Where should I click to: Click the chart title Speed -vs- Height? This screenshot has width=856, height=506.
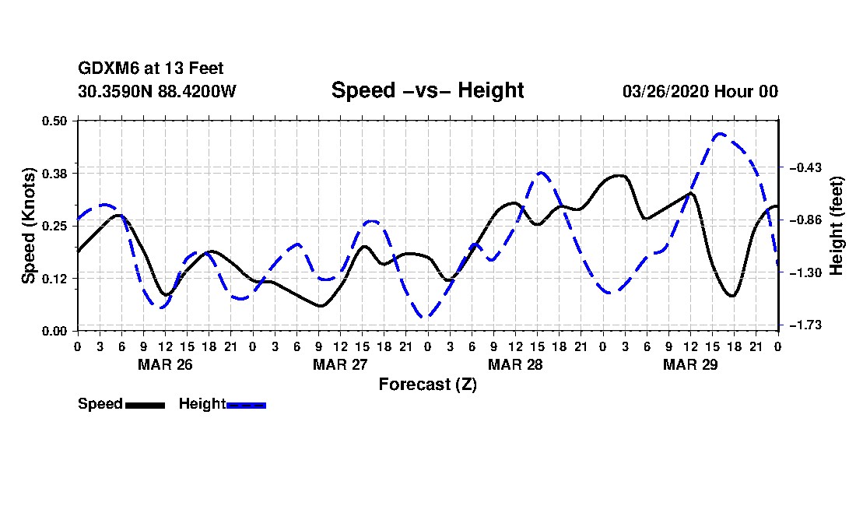427,90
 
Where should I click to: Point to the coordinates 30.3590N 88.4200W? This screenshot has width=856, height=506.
157,91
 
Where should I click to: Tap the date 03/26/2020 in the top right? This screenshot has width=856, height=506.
665,91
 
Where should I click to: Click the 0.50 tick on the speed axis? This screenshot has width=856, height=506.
54,121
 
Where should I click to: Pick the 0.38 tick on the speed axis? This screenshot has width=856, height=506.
54,174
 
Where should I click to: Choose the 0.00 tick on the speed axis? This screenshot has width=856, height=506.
54,332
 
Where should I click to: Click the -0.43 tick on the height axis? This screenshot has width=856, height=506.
805,167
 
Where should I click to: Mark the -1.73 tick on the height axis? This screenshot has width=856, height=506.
805,325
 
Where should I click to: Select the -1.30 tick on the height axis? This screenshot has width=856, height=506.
805,273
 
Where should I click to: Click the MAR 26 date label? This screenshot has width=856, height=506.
166,364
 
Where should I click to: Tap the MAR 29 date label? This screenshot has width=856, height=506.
690,364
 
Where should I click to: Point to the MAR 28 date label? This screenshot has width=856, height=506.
515,364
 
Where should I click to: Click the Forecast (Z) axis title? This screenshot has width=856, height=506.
428,385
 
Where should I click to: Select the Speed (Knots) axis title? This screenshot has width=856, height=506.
28,226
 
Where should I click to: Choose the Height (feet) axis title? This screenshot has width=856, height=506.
837,226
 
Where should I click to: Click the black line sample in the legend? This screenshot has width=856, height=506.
146,405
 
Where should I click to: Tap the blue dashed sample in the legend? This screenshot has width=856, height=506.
246,405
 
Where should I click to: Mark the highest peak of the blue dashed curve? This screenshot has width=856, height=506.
721,133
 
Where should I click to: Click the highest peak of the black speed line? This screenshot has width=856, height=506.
619,175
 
